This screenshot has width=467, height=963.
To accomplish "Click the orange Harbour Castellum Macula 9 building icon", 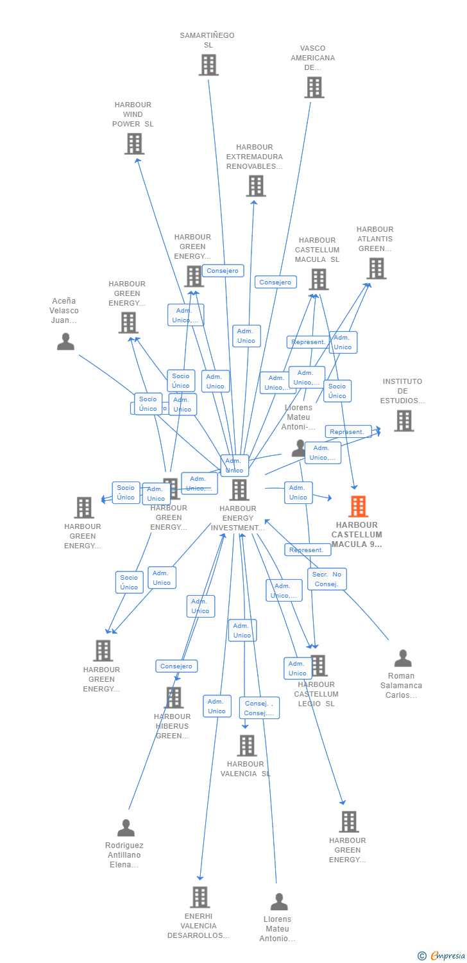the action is click(x=358, y=507).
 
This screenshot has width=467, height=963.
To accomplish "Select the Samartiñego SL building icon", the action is click(x=208, y=65).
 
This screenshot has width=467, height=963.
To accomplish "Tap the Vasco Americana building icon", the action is click(x=314, y=87).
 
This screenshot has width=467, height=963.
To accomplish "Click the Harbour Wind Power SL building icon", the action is click(x=134, y=144).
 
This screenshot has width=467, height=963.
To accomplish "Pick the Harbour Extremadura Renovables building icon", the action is click(x=256, y=186).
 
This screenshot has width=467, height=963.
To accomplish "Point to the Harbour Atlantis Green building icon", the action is click(x=376, y=268).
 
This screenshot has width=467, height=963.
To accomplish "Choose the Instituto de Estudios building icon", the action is click(x=403, y=421).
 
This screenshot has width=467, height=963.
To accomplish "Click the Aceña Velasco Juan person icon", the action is click(x=65, y=342).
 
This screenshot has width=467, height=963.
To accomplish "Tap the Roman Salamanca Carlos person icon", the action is click(x=402, y=658).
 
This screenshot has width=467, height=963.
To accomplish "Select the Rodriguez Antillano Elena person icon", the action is click(x=126, y=828).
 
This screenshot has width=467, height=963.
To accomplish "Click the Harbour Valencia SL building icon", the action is click(x=247, y=746).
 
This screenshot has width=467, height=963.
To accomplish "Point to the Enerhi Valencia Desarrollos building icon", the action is click(x=200, y=897).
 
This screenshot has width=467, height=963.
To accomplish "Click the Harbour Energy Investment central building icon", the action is click(x=239, y=490).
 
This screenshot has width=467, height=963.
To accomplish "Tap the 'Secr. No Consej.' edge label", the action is click(x=327, y=578).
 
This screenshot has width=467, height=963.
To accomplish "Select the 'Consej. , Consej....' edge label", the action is click(x=259, y=707).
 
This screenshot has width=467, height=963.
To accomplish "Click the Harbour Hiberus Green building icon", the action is click(x=174, y=697).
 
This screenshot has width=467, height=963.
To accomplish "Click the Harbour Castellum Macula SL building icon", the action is click(x=319, y=279).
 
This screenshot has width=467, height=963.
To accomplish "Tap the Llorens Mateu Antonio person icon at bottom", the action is click(x=279, y=902).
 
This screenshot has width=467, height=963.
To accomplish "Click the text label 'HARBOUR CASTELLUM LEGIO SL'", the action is click(x=316, y=694).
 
